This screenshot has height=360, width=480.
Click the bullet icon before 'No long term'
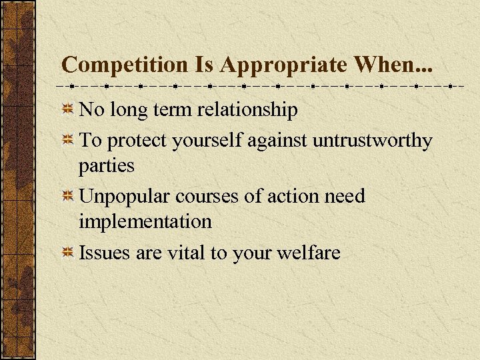pyautogui.click(x=67, y=109)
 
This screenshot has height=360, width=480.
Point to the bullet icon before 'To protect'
pyautogui.click(x=67, y=141)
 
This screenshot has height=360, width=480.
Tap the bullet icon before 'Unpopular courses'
pyautogui.click(x=67, y=197)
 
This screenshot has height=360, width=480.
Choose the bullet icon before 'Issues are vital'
pyautogui.click(x=67, y=253)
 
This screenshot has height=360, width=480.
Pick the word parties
pyautogui.click(x=107, y=165)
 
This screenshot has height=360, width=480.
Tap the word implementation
pyautogui.click(x=145, y=221)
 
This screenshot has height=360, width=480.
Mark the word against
pyautogui.click(x=280, y=141)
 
